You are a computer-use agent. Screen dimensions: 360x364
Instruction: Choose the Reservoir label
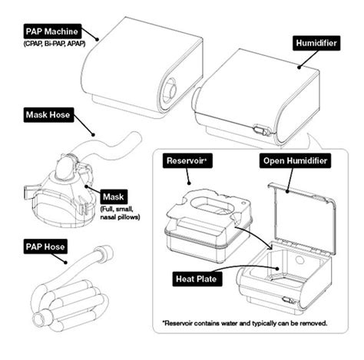(188, 162)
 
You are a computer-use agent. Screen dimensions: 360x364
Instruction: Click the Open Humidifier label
(294, 162)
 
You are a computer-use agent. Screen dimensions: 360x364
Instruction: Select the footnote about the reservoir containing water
(244, 322)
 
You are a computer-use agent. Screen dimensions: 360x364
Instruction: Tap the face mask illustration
(58, 196)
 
